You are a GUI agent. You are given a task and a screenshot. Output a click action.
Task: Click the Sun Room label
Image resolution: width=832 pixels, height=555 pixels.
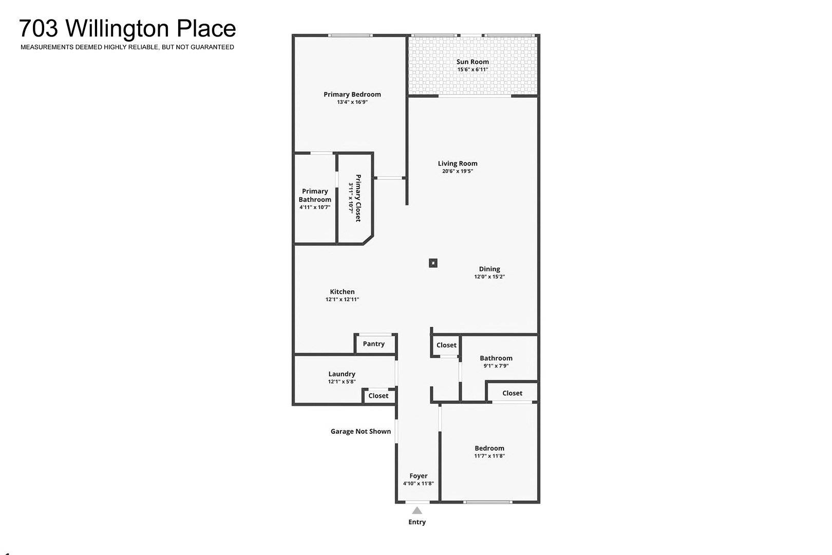coord(472,62)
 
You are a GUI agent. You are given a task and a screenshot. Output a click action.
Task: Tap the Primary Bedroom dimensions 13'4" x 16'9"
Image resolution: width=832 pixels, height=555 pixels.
coord(352,102)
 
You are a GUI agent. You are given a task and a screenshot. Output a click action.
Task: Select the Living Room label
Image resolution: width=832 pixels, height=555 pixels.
coord(458,163)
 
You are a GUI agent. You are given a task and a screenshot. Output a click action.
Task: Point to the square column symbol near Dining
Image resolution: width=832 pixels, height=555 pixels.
coord(433,263)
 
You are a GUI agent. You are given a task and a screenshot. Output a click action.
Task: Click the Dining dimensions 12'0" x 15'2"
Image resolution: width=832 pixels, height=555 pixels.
coord(489,276)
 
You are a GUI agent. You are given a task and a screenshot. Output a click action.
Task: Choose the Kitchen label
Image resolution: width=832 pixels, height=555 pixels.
coord(342,292)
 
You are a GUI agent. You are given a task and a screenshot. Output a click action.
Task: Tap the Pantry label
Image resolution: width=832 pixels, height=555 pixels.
coord(374,344)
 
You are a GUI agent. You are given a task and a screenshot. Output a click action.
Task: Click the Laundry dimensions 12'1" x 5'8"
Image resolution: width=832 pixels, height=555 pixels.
coord(342,381)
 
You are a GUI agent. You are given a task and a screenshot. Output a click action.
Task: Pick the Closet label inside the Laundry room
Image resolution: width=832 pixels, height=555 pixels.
coord(379,396)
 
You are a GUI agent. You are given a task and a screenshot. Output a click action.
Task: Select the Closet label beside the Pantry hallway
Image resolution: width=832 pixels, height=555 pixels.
coord(446,345)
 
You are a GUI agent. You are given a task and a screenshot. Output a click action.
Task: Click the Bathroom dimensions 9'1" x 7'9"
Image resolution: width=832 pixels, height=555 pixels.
coord(496,366)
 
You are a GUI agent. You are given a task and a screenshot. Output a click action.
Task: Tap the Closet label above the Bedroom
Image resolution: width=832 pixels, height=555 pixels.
coord(512,393)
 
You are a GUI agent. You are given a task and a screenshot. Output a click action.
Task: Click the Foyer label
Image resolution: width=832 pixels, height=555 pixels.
coord(419,476)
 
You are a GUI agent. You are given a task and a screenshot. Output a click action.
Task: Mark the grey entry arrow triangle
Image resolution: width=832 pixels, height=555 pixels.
coord(417,511)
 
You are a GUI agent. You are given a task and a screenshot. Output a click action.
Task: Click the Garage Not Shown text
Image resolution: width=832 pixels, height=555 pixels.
coord(361,431)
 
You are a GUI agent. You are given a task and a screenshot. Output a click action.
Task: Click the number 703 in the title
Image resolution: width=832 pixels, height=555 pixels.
coord(39,28)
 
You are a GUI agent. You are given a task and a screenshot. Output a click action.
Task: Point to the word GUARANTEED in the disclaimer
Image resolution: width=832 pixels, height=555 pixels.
coord(212,47)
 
